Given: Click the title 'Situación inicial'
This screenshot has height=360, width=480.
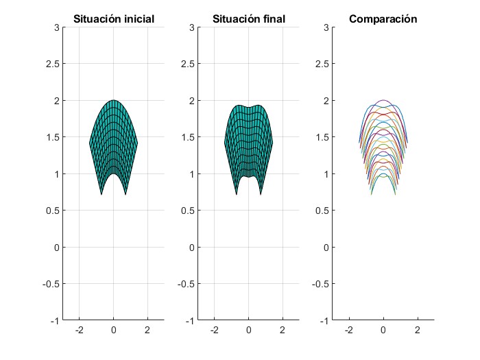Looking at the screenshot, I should pyautogui.click(x=113, y=19).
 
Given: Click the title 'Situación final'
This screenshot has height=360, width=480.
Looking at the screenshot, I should pyautogui.click(x=248, y=19).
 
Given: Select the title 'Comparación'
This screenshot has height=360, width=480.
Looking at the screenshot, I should pyautogui.click(x=383, y=19).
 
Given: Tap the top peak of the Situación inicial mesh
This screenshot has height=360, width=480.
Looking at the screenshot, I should pyautogui.click(x=113, y=100).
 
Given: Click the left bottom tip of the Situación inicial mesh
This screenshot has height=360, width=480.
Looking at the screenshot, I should pyautogui.click(x=101, y=195).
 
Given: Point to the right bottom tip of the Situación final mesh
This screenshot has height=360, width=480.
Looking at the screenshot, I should pyautogui.click(x=261, y=195).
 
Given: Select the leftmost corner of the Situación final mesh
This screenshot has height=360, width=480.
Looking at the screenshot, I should pyautogui.click(x=225, y=143).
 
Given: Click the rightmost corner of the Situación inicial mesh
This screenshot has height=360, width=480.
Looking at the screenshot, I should pyautogui.click(x=137, y=143).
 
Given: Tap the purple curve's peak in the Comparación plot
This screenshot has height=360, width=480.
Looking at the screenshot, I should pyautogui.click(x=383, y=100).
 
